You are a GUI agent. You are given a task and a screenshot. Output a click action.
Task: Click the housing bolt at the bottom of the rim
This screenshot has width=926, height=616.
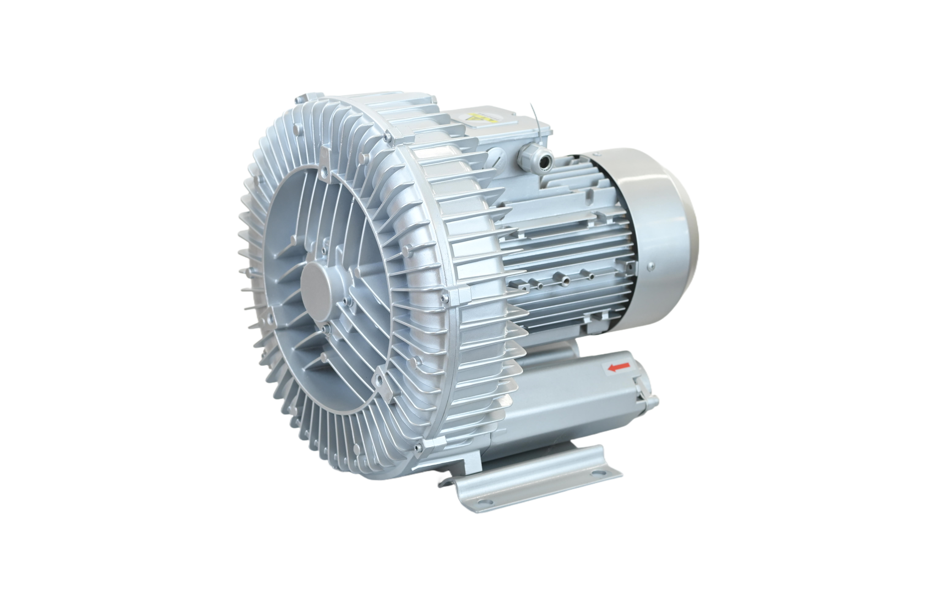[x=417, y=447]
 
